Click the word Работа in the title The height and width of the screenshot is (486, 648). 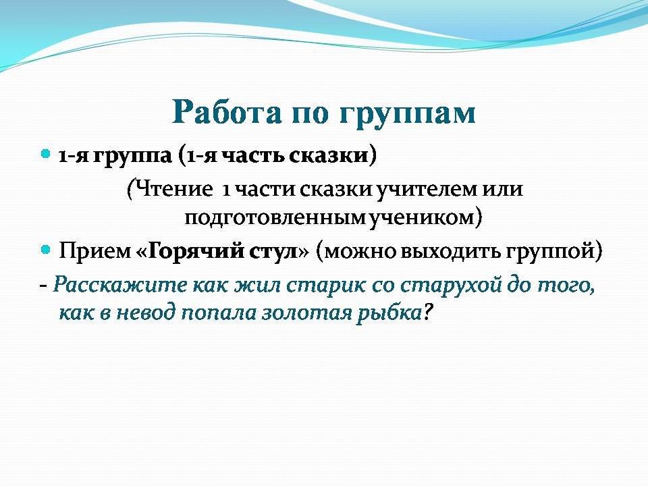(227, 112)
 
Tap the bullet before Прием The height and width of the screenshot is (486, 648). (45, 250)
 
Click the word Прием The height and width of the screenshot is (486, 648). (94, 250)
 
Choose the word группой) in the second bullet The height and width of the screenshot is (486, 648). (553, 252)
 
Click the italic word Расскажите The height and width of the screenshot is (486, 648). (120, 286)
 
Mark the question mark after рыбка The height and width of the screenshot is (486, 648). (427, 313)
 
